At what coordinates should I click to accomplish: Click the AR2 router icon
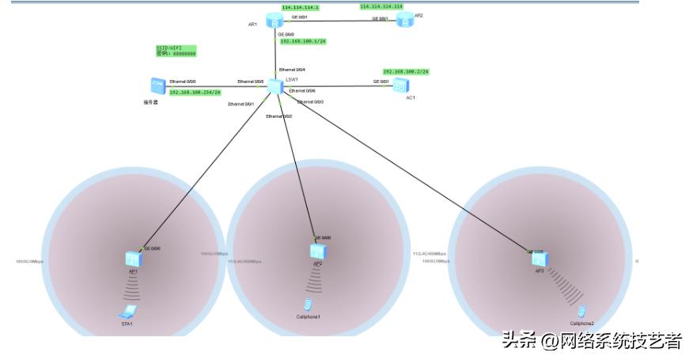pyautogui.click(x=405, y=20)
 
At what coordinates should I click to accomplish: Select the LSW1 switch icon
pyautogui.click(x=275, y=86)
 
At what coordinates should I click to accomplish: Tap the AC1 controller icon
pyautogui.click(x=401, y=85)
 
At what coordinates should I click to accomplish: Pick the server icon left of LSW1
pyautogui.click(x=156, y=86)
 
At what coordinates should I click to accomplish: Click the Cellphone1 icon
pyautogui.click(x=308, y=305)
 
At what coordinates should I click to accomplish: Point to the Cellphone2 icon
pyautogui.click(x=581, y=311)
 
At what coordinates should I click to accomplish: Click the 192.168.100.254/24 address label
pyautogui.click(x=195, y=93)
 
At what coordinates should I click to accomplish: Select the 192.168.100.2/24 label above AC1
pyautogui.click(x=405, y=71)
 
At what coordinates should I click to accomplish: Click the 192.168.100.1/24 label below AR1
pyautogui.click(x=303, y=41)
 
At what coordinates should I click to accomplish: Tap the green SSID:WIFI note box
pyautogui.click(x=176, y=51)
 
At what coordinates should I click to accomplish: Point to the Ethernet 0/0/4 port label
pyautogui.click(x=292, y=70)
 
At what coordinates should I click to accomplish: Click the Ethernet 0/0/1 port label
pyautogui.click(x=240, y=104)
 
